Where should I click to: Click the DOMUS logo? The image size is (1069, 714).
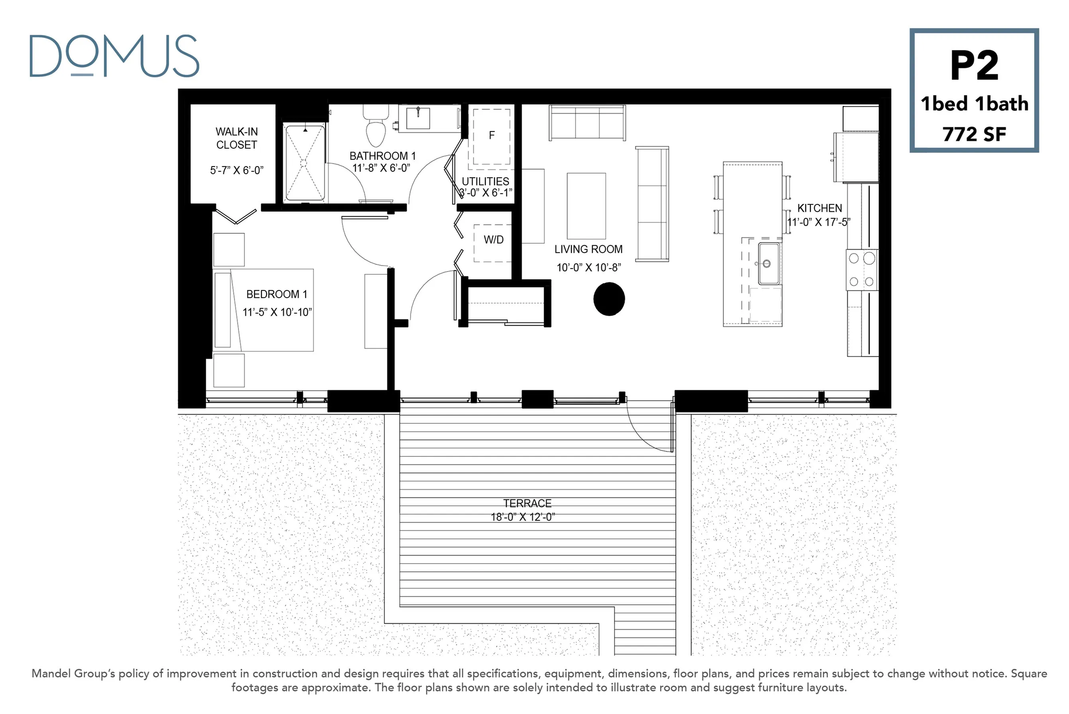tap(114, 55)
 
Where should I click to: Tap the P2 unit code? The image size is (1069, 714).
tap(974, 66)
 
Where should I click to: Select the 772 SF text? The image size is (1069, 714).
tap(974, 134)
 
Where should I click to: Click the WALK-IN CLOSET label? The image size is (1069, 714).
tap(237, 138)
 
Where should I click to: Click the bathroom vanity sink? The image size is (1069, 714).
tap(418, 118)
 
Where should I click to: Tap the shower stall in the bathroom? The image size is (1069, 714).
tap(304, 163)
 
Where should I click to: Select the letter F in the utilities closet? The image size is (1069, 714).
tap(492, 135)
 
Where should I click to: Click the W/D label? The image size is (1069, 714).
tap(494, 239)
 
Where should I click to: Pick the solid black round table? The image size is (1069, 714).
tap(609, 299)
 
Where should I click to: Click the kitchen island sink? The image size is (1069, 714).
tap(769, 263)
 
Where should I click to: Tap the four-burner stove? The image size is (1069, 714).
tap(862, 270)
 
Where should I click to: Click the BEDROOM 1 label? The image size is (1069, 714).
tap(277, 294)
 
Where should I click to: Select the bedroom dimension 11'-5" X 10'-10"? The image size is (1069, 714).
tap(277, 312)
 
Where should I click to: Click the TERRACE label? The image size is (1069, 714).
tap(527, 503)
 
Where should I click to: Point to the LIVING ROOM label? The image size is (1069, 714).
tap(588, 249)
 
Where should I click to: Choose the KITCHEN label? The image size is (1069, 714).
tap(820, 208)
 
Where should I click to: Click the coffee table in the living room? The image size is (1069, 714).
tap(586, 206)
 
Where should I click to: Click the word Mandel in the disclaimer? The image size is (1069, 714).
tap(51, 673)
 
